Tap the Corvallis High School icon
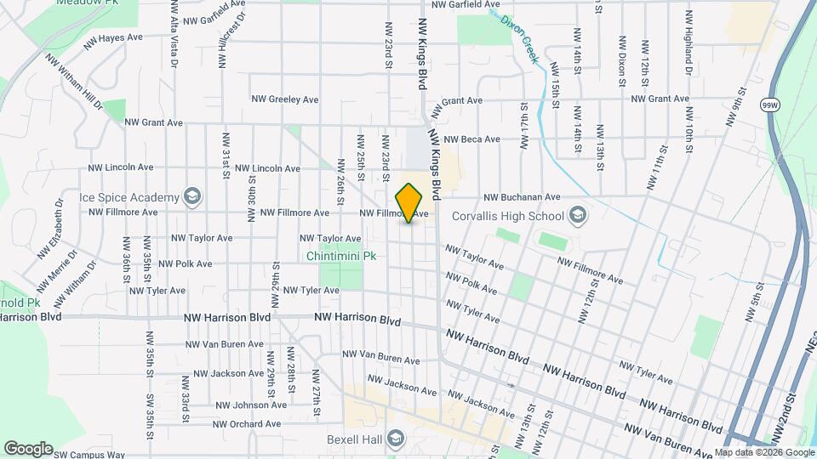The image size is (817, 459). [x=579, y=214]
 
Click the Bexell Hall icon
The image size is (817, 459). [x=395, y=439]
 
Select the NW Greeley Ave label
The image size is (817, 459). [x=284, y=99]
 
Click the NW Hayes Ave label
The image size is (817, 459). [x=113, y=38]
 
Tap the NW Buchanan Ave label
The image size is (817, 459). [x=523, y=196]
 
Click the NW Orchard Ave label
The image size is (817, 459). [x=247, y=424]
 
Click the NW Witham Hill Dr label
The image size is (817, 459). [x=75, y=84]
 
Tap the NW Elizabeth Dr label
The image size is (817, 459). [x=51, y=229]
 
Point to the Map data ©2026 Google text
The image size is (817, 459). [x=763, y=453]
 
